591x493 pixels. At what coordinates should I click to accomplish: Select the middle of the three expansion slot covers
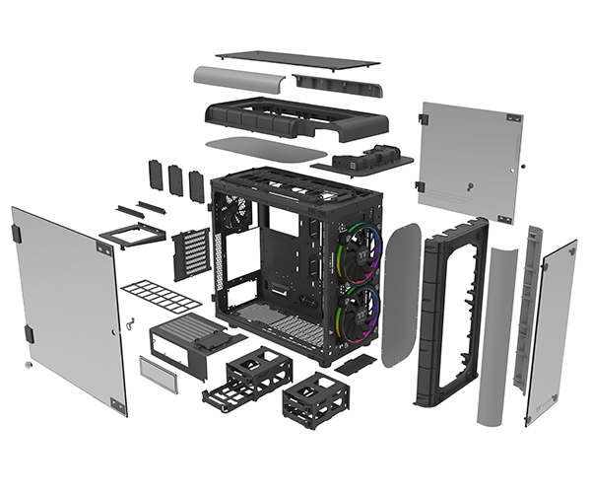point(176,178)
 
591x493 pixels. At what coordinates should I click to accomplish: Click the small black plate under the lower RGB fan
point(355,363)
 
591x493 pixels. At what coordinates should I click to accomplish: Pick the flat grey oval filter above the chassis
point(266,149)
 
